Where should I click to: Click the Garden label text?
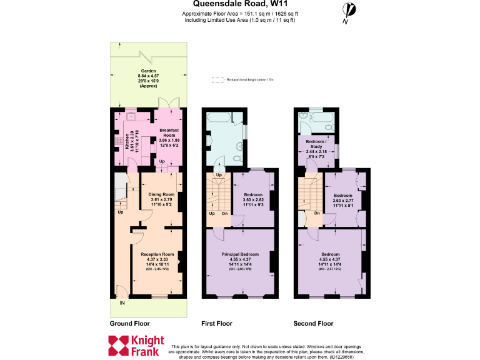point(148,71)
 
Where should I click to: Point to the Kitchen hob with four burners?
point(117,141)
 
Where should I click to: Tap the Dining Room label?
point(161,194)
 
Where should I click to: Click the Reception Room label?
point(157,254)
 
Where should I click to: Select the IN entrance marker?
point(122,303)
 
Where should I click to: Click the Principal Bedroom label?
point(240,254)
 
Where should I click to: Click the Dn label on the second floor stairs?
point(317,213)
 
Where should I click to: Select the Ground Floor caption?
point(129,324)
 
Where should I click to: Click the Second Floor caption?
point(313,324)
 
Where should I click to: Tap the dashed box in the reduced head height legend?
point(217,80)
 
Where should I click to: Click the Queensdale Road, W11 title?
point(240,4)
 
